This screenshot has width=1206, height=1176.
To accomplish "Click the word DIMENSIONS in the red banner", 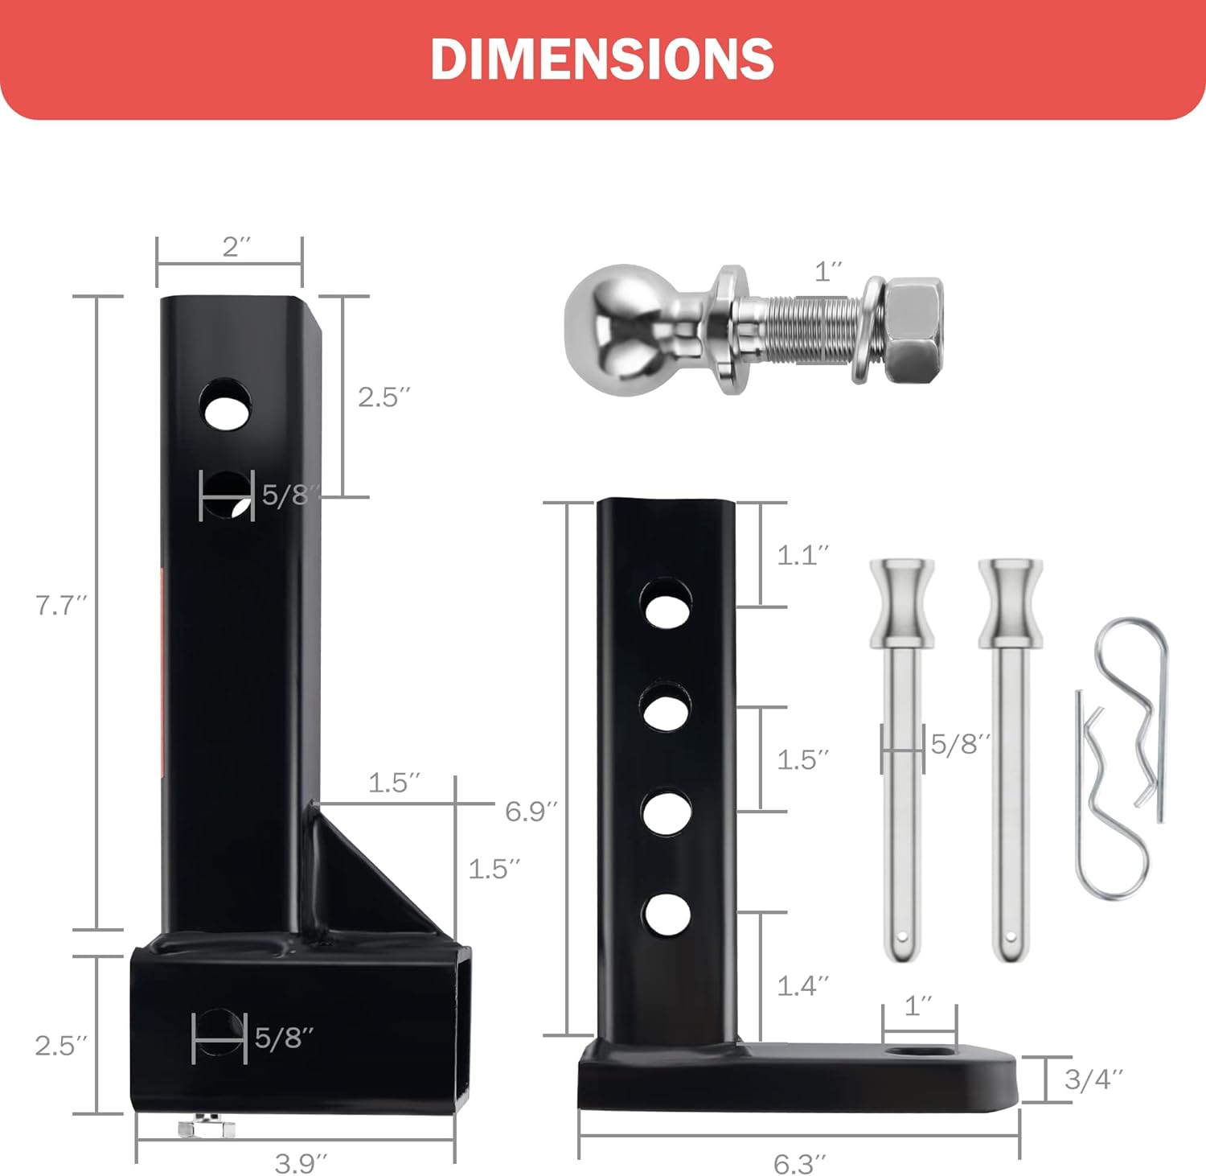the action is [602, 59].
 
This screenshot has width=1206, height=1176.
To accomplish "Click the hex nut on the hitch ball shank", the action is [913, 330].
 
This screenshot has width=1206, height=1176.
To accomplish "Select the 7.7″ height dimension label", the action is [60, 605].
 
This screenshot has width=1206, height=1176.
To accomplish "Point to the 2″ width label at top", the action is [236, 247].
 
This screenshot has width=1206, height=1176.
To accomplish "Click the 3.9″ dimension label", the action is [301, 1162].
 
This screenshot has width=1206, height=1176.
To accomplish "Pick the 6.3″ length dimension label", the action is [799, 1163].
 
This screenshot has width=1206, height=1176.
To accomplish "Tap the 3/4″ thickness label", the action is [1093, 1079].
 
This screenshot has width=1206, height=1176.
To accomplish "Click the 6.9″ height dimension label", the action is [531, 811].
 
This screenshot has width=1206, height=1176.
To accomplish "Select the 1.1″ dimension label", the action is [802, 555].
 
